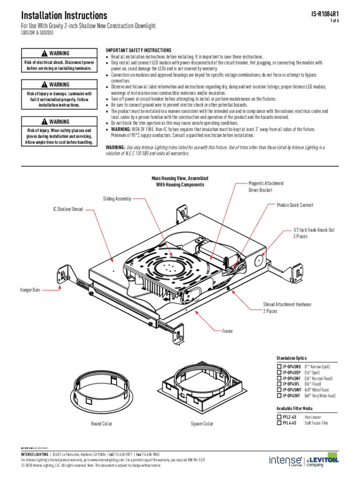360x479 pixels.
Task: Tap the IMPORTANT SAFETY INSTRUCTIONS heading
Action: (138, 51)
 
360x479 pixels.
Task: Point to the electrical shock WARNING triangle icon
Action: (43, 54)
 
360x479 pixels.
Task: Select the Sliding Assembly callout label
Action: (117, 199)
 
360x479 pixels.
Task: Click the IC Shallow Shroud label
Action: (68, 209)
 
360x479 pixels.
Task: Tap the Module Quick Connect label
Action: (295, 205)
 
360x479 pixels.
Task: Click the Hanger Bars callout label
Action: (30, 290)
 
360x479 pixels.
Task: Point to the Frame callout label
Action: (227, 331)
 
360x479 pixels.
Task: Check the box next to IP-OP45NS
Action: (279, 367)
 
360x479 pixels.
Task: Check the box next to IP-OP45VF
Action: (279, 396)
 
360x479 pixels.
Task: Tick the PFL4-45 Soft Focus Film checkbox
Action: (279, 423)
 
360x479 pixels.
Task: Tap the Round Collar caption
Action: (101, 424)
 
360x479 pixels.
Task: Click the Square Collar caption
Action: (202, 424)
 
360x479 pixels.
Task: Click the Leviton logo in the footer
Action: (323, 461)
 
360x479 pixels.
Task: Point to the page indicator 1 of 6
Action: (334, 22)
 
